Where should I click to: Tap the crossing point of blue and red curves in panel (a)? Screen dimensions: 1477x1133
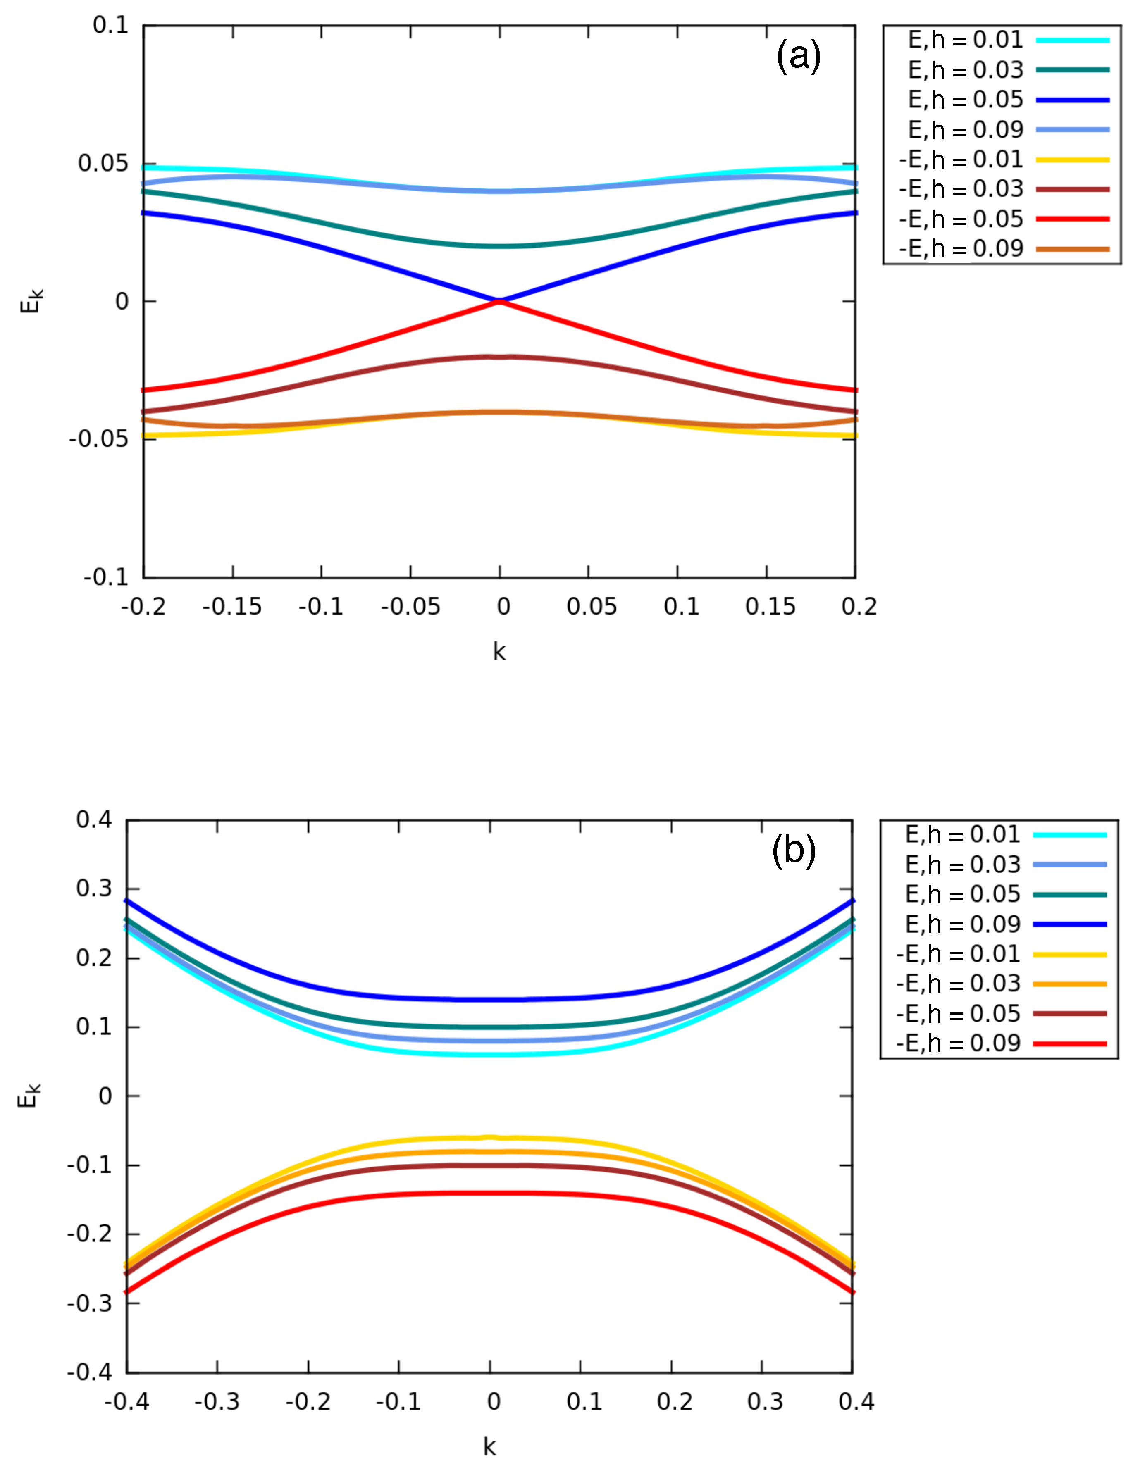tap(499, 301)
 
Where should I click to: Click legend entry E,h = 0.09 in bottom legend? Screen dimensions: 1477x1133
tap(962, 924)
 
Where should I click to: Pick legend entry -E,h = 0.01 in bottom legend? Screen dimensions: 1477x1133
tap(958, 954)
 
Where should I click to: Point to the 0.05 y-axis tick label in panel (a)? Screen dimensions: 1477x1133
tap(103, 163)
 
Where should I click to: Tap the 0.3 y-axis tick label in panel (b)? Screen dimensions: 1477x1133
tap(94, 889)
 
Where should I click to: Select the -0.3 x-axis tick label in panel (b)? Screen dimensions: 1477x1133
tap(217, 1401)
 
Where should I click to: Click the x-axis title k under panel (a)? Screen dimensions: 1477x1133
tap(499, 652)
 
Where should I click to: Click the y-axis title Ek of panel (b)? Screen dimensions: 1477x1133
tap(29, 1096)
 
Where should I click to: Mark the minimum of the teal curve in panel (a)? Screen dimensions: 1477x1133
tap(499, 246)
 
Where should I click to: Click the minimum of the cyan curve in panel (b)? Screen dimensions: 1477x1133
tap(490, 1054)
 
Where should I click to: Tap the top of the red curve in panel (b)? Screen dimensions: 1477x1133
tap(490, 1193)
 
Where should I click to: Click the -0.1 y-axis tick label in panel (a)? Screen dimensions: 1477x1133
tap(106, 577)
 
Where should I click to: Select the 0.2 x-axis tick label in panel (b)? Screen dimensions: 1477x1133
tap(675, 1401)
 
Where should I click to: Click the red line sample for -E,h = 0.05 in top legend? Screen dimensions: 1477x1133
tap(1072, 219)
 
